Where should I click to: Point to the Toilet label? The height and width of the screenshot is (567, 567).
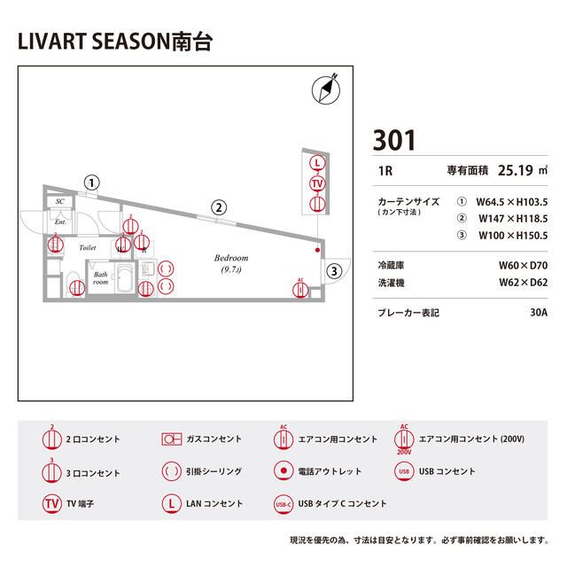tap(88, 248)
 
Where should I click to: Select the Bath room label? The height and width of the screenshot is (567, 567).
tap(101, 278)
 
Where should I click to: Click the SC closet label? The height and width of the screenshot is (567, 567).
tap(59, 202)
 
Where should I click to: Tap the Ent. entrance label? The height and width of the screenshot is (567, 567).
tap(61, 221)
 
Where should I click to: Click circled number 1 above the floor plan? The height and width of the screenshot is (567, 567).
tap(91, 183)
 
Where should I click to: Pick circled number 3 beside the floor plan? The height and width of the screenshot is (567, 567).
tap(333, 270)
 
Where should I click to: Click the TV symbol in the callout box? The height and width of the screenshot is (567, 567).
tap(317, 183)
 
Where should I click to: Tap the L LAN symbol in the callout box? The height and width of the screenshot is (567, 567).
tap(317, 163)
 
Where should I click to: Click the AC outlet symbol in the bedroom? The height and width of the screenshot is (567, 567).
tap(300, 287)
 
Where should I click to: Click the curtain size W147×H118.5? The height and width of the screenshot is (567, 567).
tap(512, 218)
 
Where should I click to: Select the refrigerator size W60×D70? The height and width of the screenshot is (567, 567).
tap(523, 265)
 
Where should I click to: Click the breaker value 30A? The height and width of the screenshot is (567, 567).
tap(537, 312)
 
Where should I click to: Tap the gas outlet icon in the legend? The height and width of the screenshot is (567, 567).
tap(170, 439)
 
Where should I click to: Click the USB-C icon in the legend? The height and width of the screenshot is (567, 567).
tap(283, 503)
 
